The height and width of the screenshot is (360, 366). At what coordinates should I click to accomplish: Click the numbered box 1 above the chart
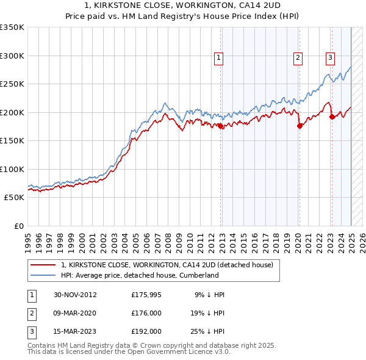pos(218,58)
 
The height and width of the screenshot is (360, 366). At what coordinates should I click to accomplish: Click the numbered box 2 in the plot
pos(298,58)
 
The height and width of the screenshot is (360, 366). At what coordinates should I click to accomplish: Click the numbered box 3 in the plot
pos(330,58)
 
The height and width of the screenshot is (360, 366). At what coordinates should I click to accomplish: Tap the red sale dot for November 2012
pos(221,126)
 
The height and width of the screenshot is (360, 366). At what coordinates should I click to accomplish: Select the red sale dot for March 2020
pos(300,126)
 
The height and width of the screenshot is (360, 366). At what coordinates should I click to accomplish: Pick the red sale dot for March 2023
pos(332,117)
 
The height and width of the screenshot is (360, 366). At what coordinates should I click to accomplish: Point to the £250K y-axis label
pos(12,84)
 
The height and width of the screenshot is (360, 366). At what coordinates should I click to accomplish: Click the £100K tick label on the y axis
pos(12,169)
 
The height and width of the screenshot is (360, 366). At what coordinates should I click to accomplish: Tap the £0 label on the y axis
pos(18,226)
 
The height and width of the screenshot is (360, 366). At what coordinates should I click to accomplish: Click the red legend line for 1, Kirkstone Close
pos(43,265)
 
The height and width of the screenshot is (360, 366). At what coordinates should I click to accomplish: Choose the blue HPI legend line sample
pos(43,275)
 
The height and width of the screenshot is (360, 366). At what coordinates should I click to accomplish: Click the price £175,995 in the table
pos(146,295)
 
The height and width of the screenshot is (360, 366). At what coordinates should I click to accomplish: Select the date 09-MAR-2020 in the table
pos(74,313)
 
